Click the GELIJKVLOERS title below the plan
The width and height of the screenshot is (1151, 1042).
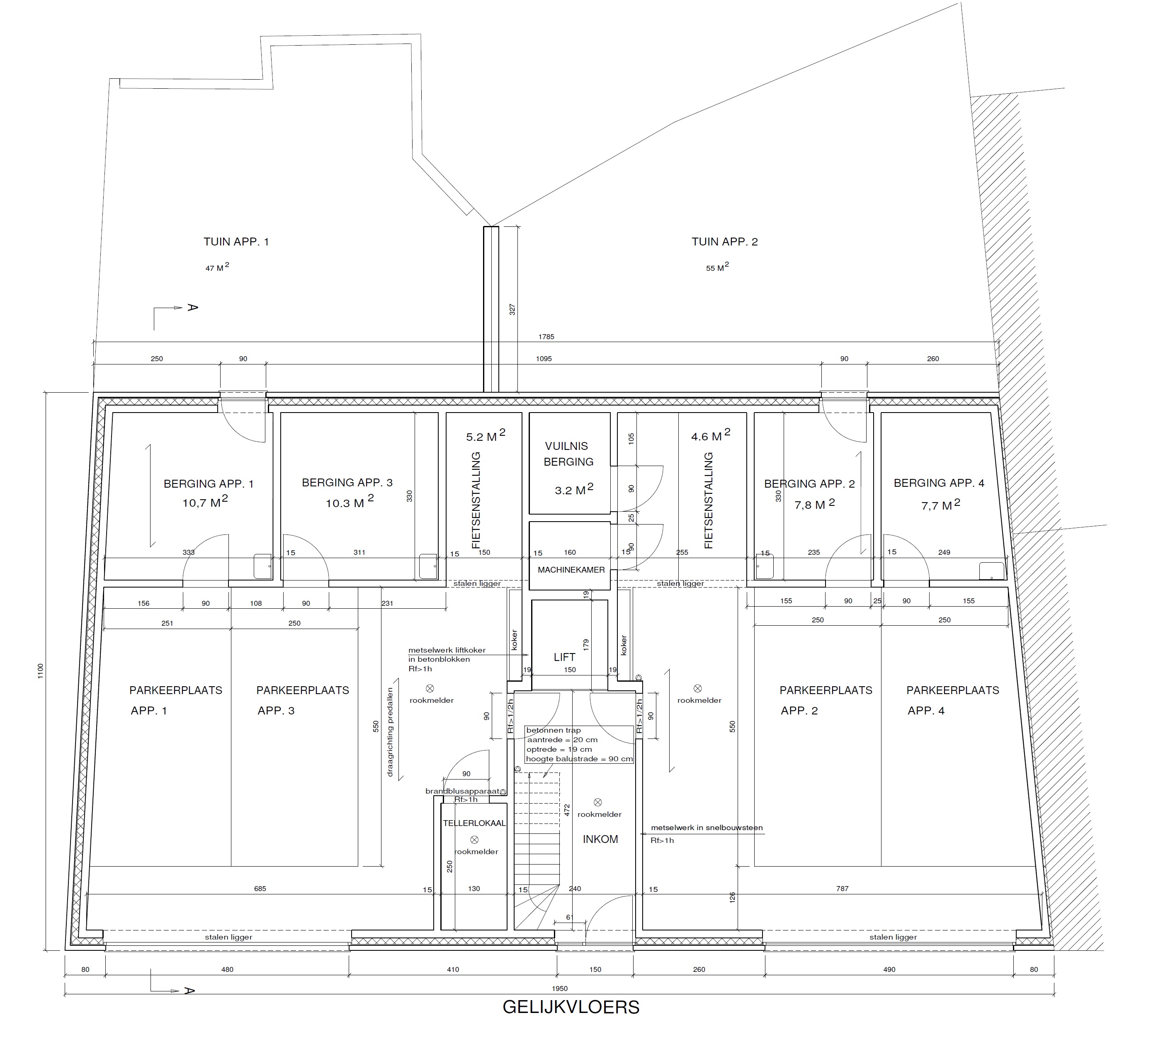pos(571,1007)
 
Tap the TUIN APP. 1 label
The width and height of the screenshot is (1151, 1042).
pos(236,241)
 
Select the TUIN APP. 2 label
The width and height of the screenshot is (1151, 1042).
pos(724,241)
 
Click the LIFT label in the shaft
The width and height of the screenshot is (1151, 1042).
pos(564,657)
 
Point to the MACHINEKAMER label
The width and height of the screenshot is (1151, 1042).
pos(571,570)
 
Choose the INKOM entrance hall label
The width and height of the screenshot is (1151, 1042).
pos(600,839)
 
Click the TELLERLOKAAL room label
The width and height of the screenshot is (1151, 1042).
pos(474,823)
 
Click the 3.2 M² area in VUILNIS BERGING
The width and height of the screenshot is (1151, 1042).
pos(574,489)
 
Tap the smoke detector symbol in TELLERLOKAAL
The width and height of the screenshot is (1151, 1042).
pos(474,839)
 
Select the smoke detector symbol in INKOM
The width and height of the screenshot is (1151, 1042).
pos(598,802)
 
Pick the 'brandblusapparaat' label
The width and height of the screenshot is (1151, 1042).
pos(462,792)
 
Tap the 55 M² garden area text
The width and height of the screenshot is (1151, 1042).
pos(717,267)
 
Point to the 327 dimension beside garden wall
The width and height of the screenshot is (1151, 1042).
pos(512,309)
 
